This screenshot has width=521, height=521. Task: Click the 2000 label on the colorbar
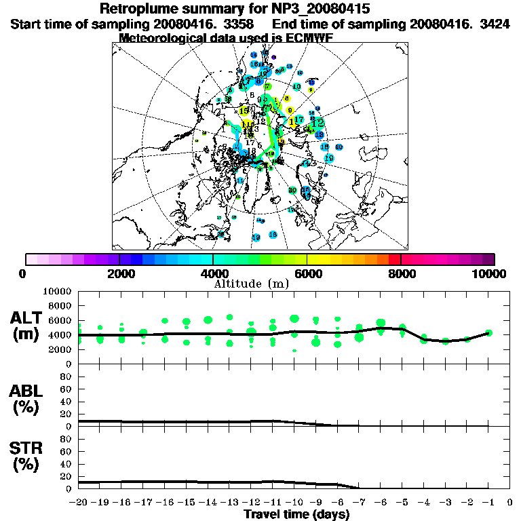tap(119, 274)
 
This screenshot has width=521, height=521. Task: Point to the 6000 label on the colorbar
tap(307, 274)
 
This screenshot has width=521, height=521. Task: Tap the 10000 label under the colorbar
tap(489, 274)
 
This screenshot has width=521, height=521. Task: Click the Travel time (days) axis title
tap(296, 515)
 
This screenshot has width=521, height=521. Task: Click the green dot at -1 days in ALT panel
tap(488, 333)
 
